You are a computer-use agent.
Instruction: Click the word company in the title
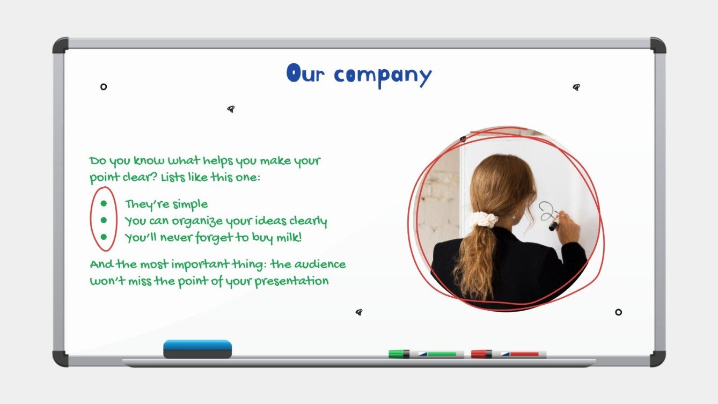click(x=383, y=76)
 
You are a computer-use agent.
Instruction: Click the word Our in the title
click(x=305, y=74)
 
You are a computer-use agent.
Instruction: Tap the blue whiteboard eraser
click(x=197, y=348)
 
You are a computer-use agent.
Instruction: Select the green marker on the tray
click(x=426, y=354)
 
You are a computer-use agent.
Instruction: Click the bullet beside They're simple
click(x=104, y=204)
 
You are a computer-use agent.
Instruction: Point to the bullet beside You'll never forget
click(x=104, y=237)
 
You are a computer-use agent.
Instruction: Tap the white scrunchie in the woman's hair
click(x=485, y=219)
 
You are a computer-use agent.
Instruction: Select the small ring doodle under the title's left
click(x=104, y=86)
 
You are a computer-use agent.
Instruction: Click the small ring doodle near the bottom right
click(x=618, y=312)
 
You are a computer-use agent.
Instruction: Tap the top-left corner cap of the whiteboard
click(x=60, y=45)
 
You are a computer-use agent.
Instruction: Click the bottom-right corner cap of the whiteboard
click(x=658, y=358)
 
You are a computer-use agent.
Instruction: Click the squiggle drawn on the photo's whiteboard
click(x=547, y=211)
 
